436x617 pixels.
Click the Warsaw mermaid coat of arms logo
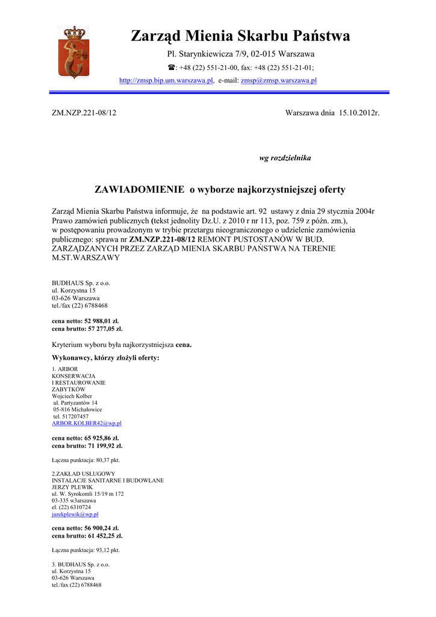tap(72, 52)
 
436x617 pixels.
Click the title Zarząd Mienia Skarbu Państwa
tap(240, 36)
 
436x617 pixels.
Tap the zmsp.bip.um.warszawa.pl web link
tap(166, 81)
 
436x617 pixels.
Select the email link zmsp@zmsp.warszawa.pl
tap(278, 81)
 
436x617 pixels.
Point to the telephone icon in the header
tap(170, 68)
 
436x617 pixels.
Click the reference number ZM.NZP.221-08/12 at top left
tap(84, 113)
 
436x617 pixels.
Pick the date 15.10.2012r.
tap(359, 113)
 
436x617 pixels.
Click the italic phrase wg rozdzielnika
tap(285, 158)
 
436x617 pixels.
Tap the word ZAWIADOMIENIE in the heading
tap(140, 190)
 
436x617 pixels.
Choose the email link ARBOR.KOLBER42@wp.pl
tap(87, 424)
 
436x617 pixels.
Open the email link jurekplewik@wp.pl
tap(75, 515)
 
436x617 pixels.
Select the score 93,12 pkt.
tap(104, 550)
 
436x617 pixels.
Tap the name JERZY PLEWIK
tap(72, 487)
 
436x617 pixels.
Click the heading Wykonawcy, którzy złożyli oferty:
tap(105, 358)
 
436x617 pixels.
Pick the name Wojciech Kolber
tap(72, 396)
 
